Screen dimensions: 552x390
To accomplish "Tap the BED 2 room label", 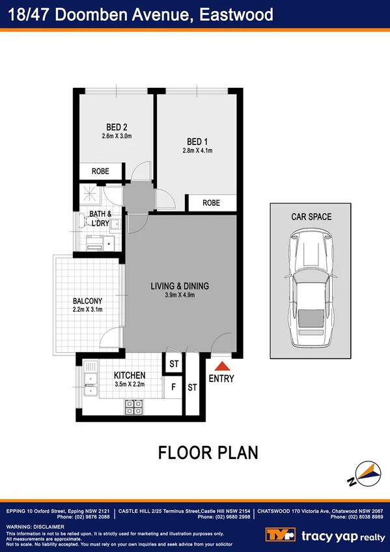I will pyautogui.click(x=117, y=127).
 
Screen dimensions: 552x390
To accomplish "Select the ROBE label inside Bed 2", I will pyautogui.click(x=100, y=172).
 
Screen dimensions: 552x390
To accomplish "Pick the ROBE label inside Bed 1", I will pyautogui.click(x=211, y=203).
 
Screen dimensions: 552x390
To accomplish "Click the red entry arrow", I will pyautogui.click(x=222, y=366).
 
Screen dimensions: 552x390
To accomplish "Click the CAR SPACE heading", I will pyautogui.click(x=311, y=217).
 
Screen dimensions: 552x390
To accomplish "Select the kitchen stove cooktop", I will pyautogui.click(x=133, y=407).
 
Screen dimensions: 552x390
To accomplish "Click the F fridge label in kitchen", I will pyautogui.click(x=173, y=387).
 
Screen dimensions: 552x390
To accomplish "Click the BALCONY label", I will pyautogui.click(x=87, y=301).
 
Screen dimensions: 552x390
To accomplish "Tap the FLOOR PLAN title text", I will pyautogui.click(x=208, y=452).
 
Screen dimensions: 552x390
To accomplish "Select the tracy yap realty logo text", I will pyautogui.click(x=342, y=536).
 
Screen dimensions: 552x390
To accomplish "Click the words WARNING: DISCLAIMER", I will pyautogui.click(x=35, y=525).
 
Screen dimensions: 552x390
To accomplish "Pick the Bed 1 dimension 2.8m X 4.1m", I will pyautogui.click(x=197, y=151).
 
